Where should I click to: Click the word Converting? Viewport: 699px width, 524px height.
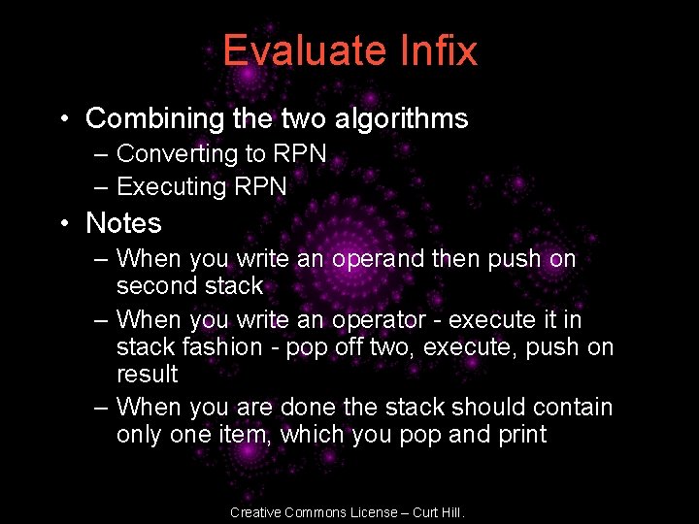177,154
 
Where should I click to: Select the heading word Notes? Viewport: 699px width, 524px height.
123,223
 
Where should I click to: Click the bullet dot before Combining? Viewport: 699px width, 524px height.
61,120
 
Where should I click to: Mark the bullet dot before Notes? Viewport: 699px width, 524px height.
61,224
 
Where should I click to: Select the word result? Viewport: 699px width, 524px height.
147,375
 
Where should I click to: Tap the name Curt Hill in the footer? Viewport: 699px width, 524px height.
441,512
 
